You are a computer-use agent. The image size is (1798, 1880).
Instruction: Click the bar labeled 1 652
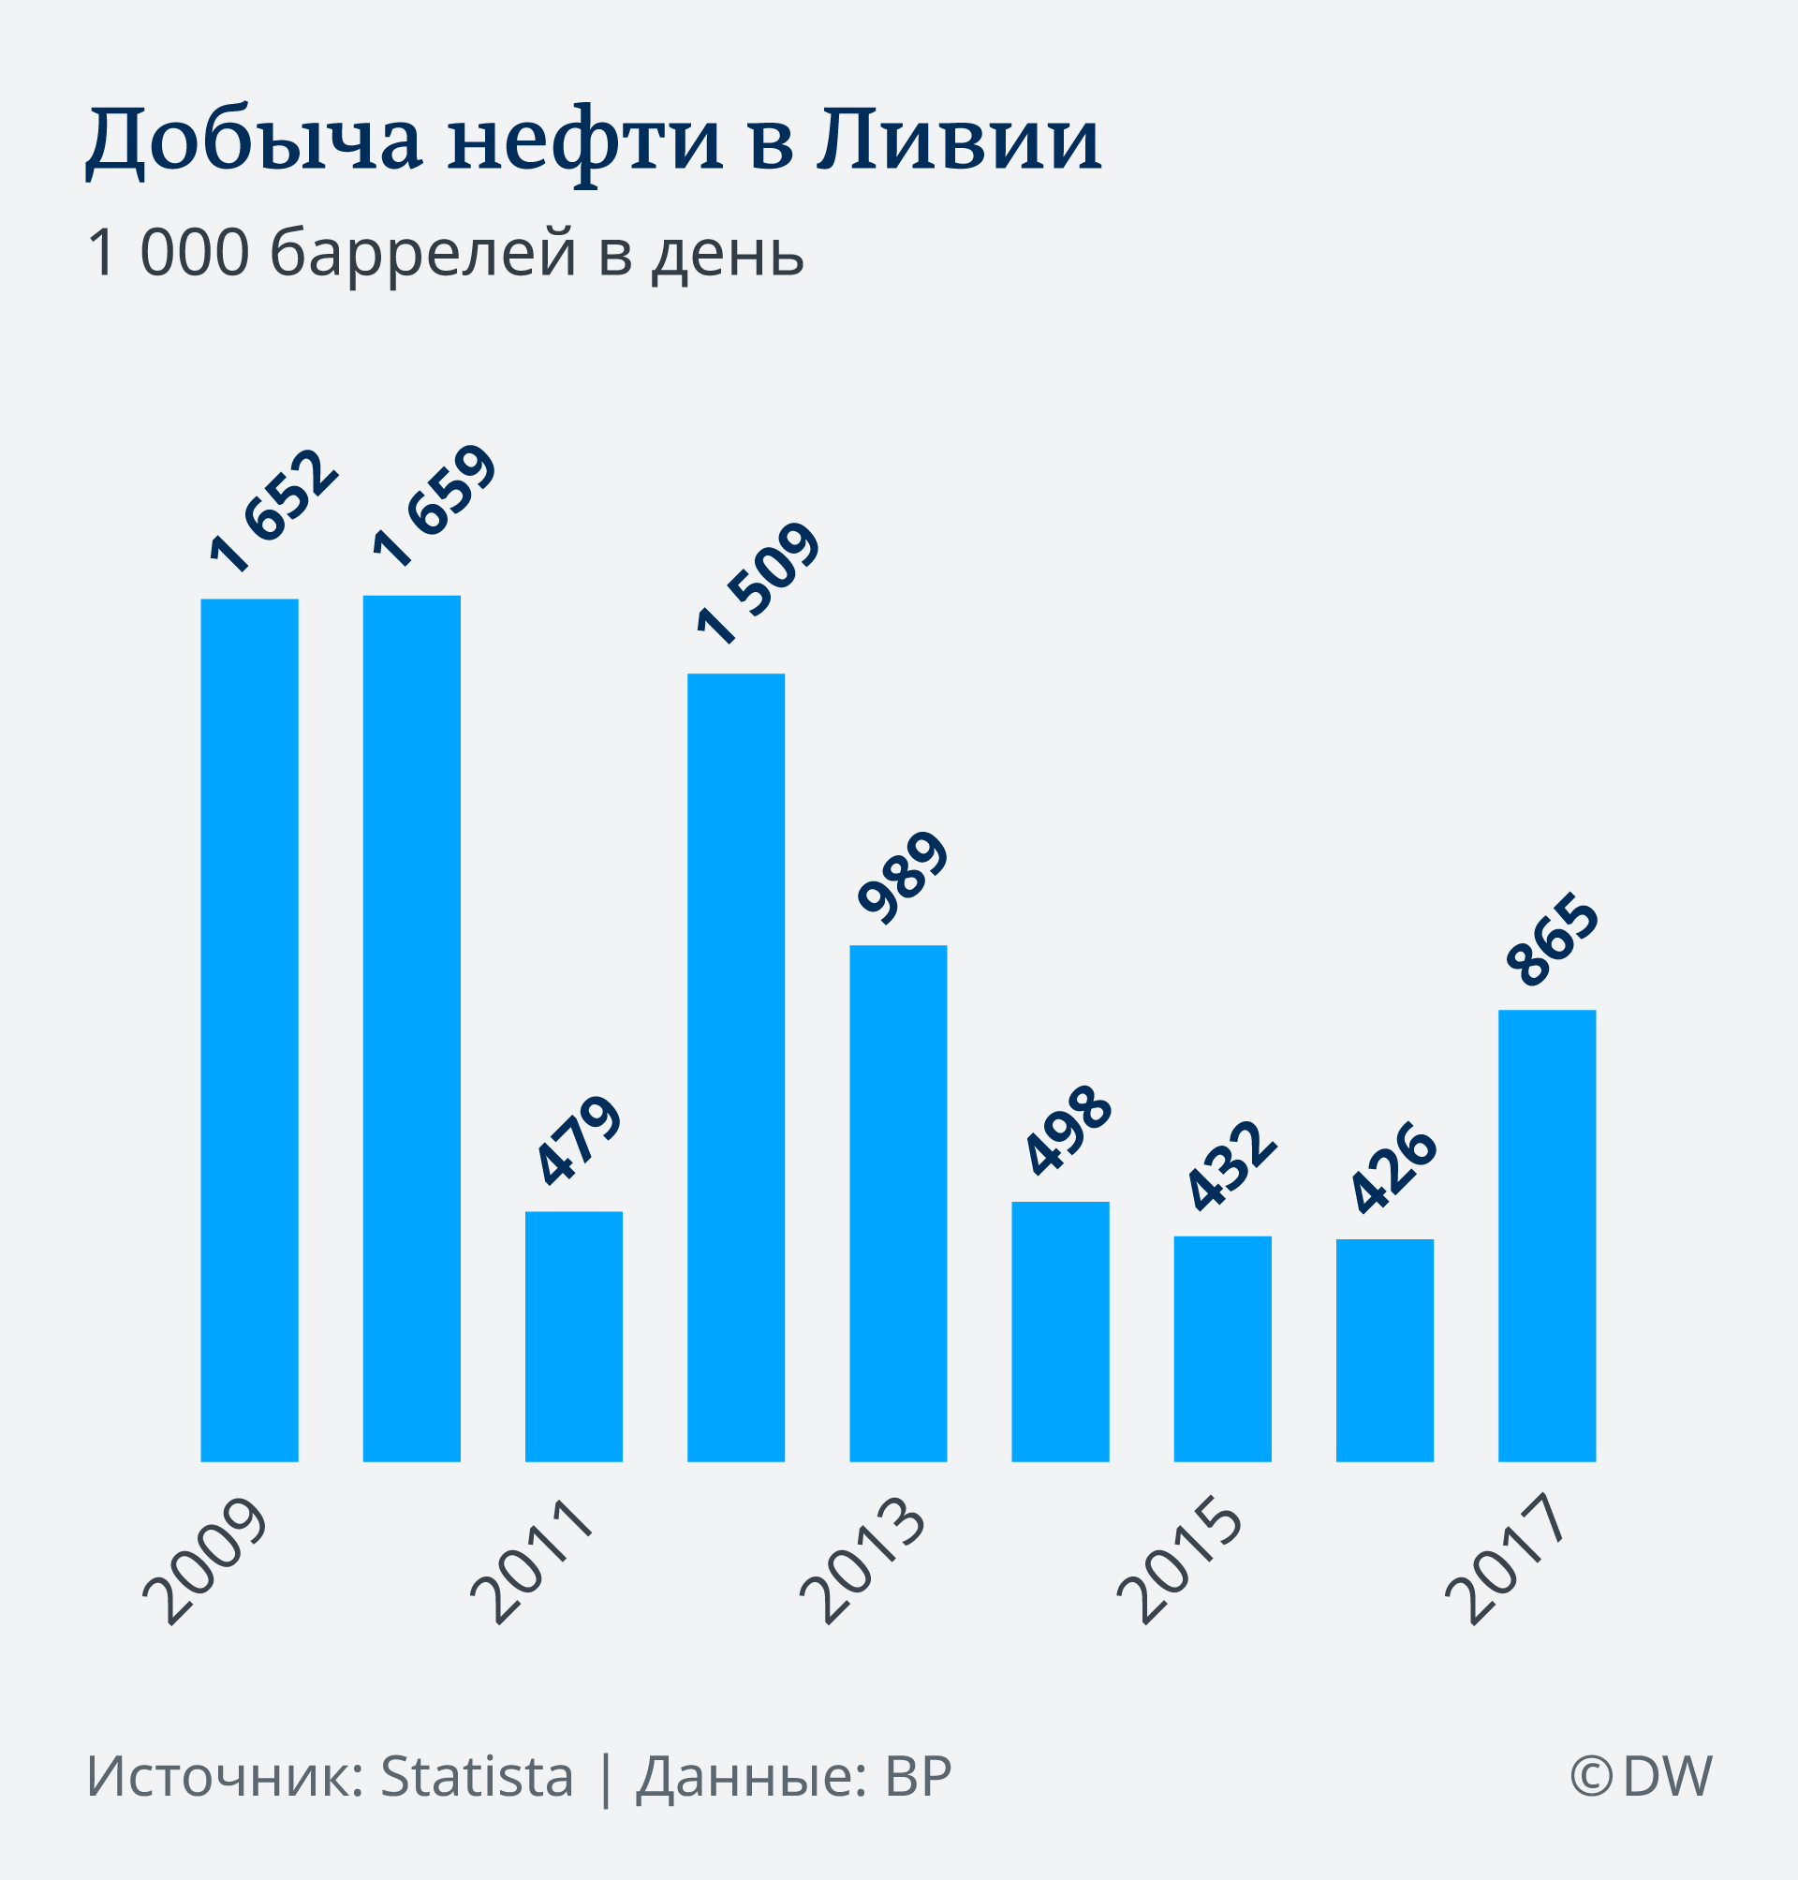click(x=249, y=1029)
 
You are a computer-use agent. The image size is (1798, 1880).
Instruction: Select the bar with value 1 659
click(x=411, y=1028)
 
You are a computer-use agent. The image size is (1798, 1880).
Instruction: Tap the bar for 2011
click(x=573, y=1337)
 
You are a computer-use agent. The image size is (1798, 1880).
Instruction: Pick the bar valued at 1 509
click(x=736, y=1067)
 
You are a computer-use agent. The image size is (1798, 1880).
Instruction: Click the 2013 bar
click(x=898, y=1203)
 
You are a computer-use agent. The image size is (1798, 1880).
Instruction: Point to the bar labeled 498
click(x=1060, y=1332)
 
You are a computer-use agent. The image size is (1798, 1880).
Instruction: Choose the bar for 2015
click(x=1222, y=1349)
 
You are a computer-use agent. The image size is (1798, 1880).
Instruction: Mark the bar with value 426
click(x=1384, y=1350)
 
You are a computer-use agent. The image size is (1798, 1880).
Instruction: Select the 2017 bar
click(x=1547, y=1236)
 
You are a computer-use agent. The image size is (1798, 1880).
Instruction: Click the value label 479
click(x=578, y=1140)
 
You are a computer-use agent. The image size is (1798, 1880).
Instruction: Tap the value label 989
click(x=903, y=877)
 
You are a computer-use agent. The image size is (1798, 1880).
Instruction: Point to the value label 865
click(x=1553, y=940)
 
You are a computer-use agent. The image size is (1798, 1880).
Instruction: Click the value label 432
click(x=1231, y=1165)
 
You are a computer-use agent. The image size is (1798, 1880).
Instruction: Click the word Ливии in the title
click(x=959, y=141)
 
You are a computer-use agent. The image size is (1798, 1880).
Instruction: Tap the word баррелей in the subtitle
click(x=422, y=253)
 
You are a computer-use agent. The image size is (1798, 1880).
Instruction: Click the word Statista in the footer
click(x=478, y=1775)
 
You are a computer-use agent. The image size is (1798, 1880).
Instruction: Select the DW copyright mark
click(x=1641, y=1775)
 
